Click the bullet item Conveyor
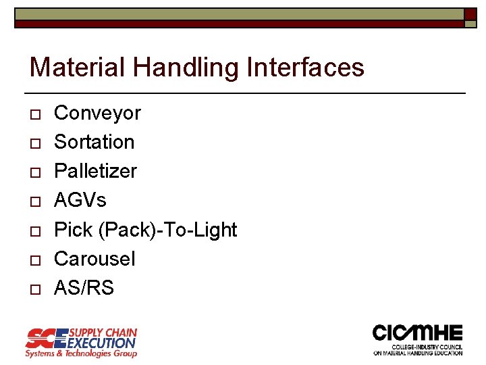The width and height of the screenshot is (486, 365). [x=97, y=113]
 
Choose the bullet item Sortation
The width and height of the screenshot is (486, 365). [x=94, y=142]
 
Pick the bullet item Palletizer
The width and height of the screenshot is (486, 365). [x=95, y=171]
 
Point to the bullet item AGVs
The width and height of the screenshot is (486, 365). [x=80, y=200]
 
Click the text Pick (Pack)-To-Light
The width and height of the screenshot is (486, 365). [x=145, y=230]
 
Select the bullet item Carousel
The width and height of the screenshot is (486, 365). [x=94, y=259]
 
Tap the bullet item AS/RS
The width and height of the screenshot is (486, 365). [x=84, y=288]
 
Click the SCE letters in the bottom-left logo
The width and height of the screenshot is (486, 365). [x=47, y=337]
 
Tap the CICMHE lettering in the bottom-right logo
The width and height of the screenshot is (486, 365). [x=418, y=333]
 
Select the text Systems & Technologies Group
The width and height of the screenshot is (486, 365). [x=81, y=353]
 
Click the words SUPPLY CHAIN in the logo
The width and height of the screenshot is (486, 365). [x=103, y=333]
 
